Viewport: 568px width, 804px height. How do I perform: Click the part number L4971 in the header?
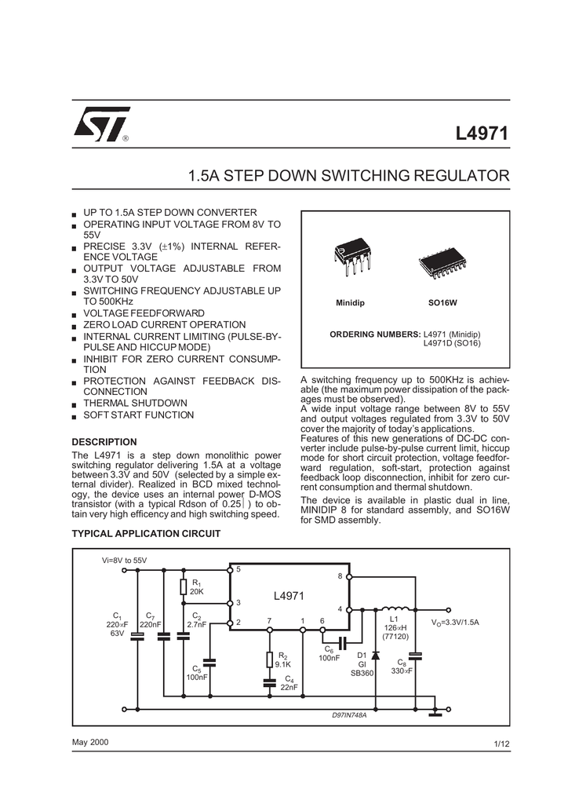coord(482,133)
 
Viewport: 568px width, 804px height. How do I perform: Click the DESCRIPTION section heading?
coord(104,442)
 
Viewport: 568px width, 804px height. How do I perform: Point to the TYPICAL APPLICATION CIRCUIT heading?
coord(146,533)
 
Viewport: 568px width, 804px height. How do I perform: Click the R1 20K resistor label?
coord(197,587)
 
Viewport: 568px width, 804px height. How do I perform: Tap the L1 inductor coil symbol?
coord(395,609)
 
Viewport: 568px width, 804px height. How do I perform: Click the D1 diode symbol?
coord(376,656)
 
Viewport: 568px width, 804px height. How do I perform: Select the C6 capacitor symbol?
coord(343,642)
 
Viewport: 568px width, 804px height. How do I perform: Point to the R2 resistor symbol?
coord(269,660)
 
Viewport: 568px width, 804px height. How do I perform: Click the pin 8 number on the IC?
coord(340,576)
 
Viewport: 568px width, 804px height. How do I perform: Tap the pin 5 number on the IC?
coord(238,569)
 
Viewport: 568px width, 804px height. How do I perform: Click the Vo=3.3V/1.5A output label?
coord(455,623)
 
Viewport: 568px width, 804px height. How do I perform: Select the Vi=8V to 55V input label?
coord(125,561)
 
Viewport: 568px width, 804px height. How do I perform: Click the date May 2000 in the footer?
coord(90,742)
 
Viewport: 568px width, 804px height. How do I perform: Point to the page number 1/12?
coord(502,744)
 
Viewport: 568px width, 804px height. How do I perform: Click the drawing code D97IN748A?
coord(349,714)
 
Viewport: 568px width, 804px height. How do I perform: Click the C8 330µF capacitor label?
coord(402,667)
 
